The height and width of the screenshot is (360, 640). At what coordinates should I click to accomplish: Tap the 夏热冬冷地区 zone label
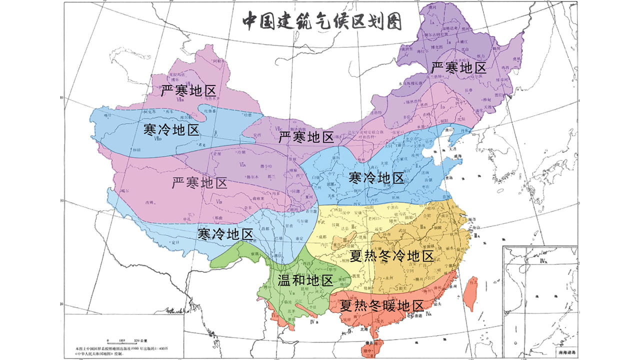tap(391, 257)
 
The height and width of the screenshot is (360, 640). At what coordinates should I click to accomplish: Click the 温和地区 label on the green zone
tap(305, 280)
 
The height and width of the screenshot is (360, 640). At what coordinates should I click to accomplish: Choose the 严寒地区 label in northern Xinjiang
tap(188, 91)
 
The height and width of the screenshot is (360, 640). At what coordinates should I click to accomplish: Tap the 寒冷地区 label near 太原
tap(376, 178)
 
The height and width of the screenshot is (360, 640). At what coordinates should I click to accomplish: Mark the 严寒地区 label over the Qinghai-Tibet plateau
tap(199, 183)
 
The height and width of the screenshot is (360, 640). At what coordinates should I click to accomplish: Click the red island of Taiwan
tap(470, 293)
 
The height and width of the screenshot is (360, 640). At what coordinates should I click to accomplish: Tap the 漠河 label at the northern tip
tap(433, 8)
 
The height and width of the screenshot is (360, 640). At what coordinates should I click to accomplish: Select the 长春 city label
tap(468, 90)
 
